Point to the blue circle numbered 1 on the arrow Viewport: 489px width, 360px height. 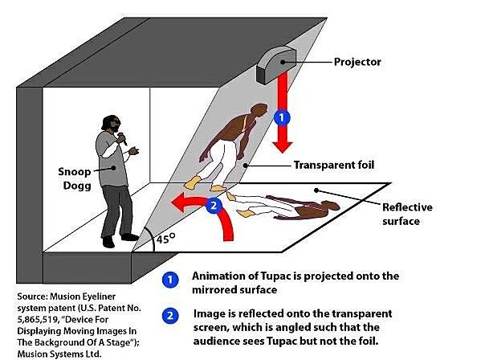(x=279, y=116)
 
